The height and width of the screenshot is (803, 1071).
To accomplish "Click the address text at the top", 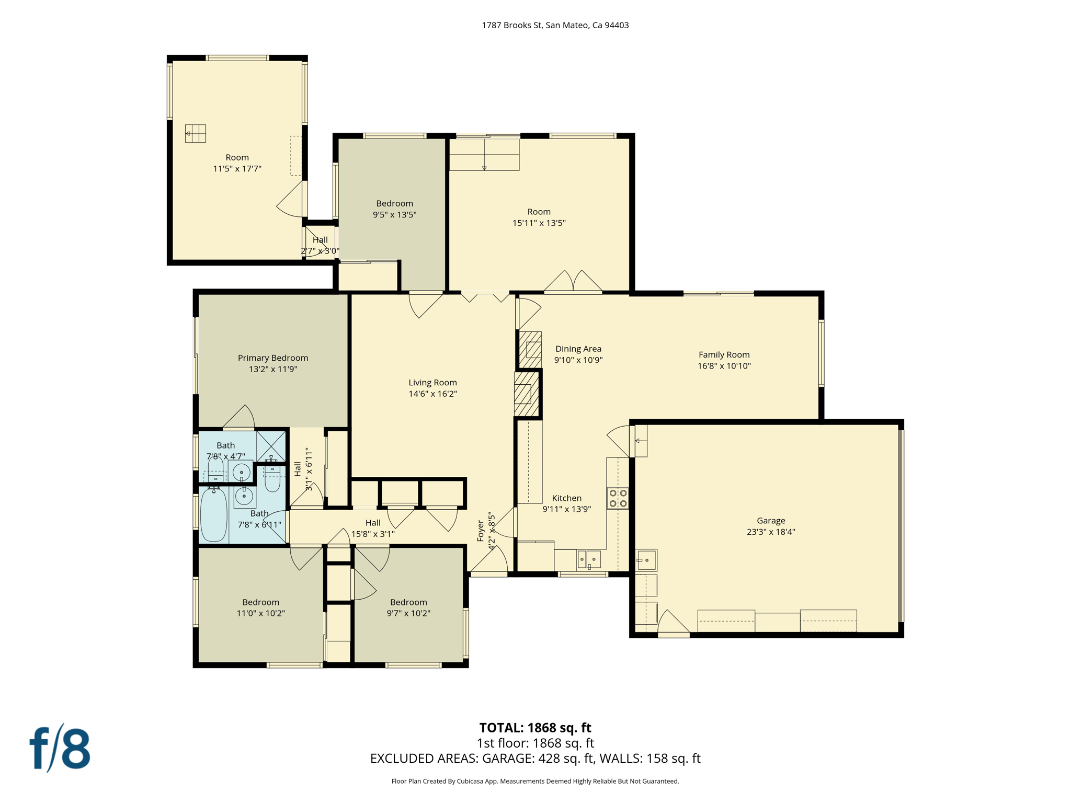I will point(555,25).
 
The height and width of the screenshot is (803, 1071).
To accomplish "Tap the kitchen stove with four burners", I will point(618,498).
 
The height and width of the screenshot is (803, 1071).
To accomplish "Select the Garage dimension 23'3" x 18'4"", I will point(771,532).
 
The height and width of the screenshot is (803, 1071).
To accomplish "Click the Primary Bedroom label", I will point(272,358).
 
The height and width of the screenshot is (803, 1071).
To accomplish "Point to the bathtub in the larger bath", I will point(213,515).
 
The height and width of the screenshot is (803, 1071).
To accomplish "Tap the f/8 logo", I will point(60,749).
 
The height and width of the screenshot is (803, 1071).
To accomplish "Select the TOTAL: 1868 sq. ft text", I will point(535,728).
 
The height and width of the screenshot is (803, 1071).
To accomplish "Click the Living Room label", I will point(432,383).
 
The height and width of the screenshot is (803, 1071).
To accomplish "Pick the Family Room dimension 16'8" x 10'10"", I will point(724,366).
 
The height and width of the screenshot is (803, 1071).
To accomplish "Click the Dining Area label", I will point(578,349).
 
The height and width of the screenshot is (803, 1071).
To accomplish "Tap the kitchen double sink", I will point(589,560).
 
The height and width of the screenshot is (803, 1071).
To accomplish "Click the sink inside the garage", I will point(646,560).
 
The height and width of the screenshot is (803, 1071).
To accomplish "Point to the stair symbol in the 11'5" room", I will point(196,133).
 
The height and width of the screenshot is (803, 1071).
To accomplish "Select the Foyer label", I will point(481,531).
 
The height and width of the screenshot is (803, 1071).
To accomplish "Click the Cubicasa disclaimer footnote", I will point(535,781).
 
